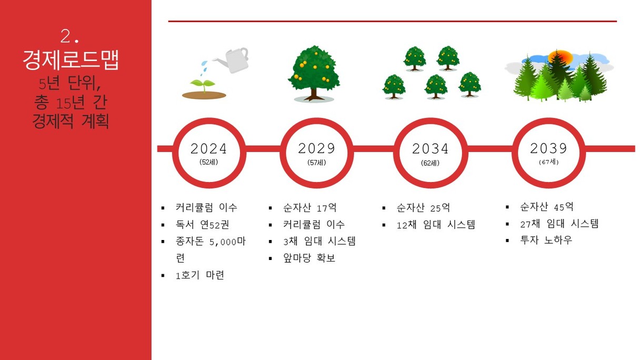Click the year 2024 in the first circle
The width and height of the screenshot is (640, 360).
point(208,149)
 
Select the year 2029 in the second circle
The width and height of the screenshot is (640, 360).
point(316,148)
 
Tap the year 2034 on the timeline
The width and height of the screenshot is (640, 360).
point(431,149)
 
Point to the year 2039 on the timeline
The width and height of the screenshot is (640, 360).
point(548,148)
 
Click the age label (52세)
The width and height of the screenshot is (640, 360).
point(208,162)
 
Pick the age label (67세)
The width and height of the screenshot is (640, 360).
point(548,162)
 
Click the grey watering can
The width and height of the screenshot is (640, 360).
point(234,60)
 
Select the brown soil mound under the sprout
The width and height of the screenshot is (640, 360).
point(204,95)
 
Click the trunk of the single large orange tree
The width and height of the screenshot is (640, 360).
point(314,94)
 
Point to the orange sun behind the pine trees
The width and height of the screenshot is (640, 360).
point(561,58)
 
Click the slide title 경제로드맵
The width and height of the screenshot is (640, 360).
point(71,60)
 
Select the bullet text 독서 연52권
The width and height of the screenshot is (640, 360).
point(202,225)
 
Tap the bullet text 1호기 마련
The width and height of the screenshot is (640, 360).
point(199,275)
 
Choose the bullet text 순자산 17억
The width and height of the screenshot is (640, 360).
point(309,208)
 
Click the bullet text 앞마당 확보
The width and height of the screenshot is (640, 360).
point(309,258)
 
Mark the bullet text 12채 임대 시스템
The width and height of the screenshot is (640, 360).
point(436,225)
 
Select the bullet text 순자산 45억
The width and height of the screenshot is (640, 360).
point(546,207)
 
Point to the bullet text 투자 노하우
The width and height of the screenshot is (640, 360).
point(546,240)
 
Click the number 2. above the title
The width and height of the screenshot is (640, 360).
point(69,37)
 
